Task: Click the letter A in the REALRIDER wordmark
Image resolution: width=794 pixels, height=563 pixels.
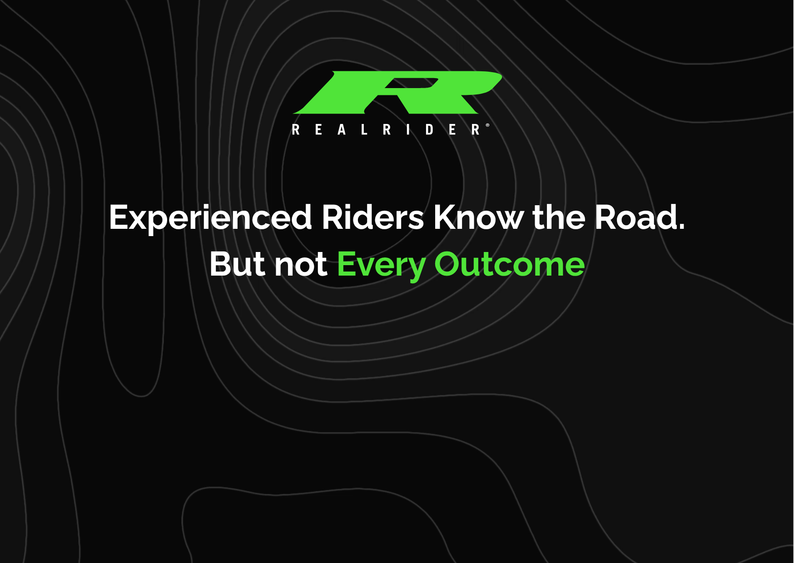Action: [342, 130]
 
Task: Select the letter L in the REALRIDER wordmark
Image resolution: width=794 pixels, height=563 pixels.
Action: [364, 130]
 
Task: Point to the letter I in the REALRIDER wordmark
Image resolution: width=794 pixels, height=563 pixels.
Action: [408, 130]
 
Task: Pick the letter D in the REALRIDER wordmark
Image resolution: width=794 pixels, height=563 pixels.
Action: [429, 130]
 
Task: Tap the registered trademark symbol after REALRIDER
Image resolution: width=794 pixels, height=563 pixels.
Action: [488, 125]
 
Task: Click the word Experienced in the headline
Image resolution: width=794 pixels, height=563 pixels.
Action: [210, 218]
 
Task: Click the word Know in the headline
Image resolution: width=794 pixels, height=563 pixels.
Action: [478, 217]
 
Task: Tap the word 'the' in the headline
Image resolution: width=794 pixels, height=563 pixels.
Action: [559, 217]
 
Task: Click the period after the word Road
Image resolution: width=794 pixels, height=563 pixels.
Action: [681, 227]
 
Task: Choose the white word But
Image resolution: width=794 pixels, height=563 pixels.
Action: [237, 264]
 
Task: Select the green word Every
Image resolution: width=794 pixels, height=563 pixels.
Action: [381, 265]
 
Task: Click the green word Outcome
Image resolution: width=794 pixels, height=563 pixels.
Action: [510, 264]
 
